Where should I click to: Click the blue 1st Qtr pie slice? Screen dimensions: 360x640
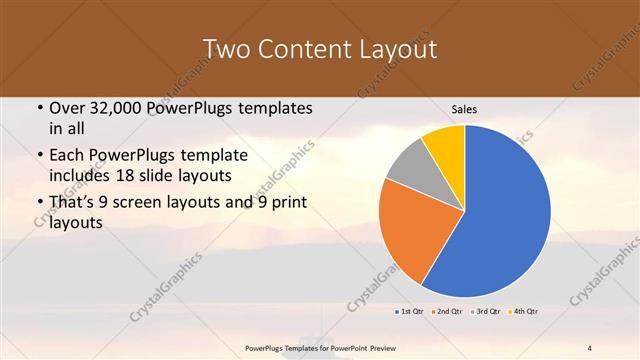tap(500, 215)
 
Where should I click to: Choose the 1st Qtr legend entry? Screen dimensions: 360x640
tap(410, 311)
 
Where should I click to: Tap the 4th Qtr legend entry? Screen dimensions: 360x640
tap(527, 311)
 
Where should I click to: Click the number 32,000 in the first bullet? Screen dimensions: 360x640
tap(116, 108)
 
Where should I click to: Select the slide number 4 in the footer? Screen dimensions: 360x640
tap(590, 346)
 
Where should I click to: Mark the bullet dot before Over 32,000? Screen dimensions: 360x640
tap(38, 108)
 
